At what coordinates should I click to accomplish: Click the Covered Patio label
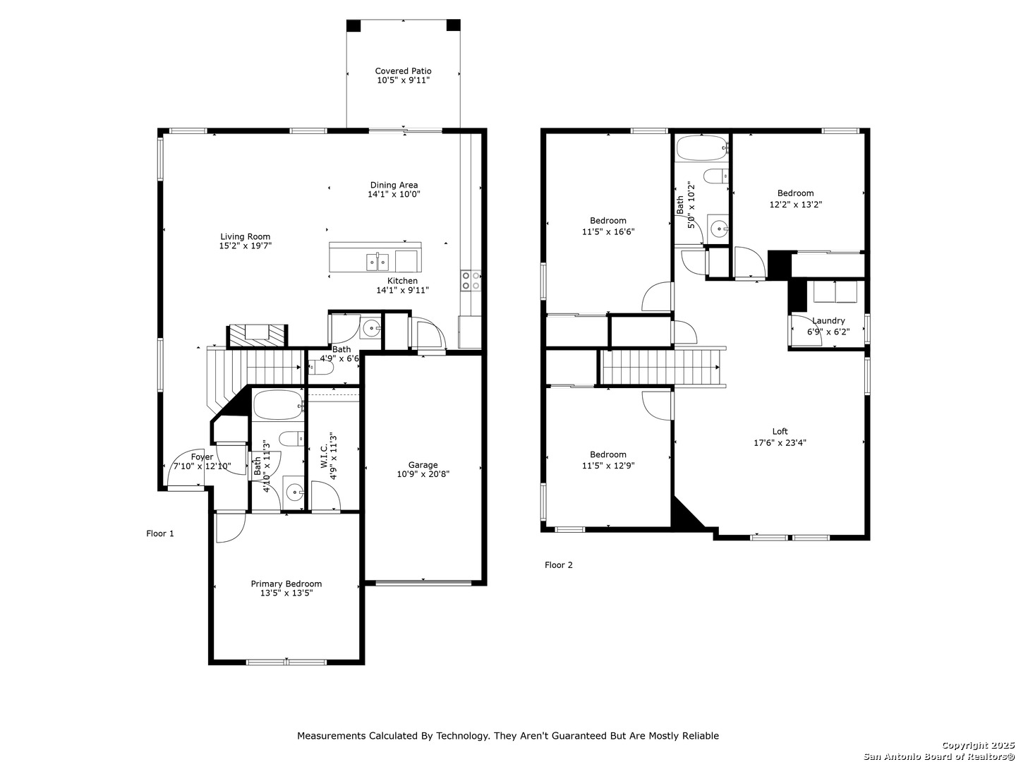click(403, 71)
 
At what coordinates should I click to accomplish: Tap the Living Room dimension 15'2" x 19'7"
click(245, 246)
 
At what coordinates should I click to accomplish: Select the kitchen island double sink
click(377, 262)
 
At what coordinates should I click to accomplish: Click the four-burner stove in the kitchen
click(471, 280)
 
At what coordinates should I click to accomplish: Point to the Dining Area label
click(394, 185)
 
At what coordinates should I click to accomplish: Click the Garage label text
click(423, 464)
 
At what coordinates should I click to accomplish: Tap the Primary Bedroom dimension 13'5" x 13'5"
click(286, 593)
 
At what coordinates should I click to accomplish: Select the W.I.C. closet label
click(324, 455)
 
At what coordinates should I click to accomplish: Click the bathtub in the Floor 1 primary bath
click(278, 405)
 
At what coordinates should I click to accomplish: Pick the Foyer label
click(202, 456)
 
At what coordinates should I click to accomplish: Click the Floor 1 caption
click(160, 533)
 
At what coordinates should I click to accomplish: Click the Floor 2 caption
click(558, 565)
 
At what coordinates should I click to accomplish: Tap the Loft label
click(780, 431)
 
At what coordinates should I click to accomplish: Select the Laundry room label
click(828, 320)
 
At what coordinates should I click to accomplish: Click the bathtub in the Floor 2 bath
click(702, 148)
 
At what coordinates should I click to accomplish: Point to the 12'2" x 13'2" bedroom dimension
click(795, 205)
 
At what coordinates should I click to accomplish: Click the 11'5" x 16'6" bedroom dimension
click(607, 232)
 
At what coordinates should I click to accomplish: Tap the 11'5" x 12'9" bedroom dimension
click(607, 466)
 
